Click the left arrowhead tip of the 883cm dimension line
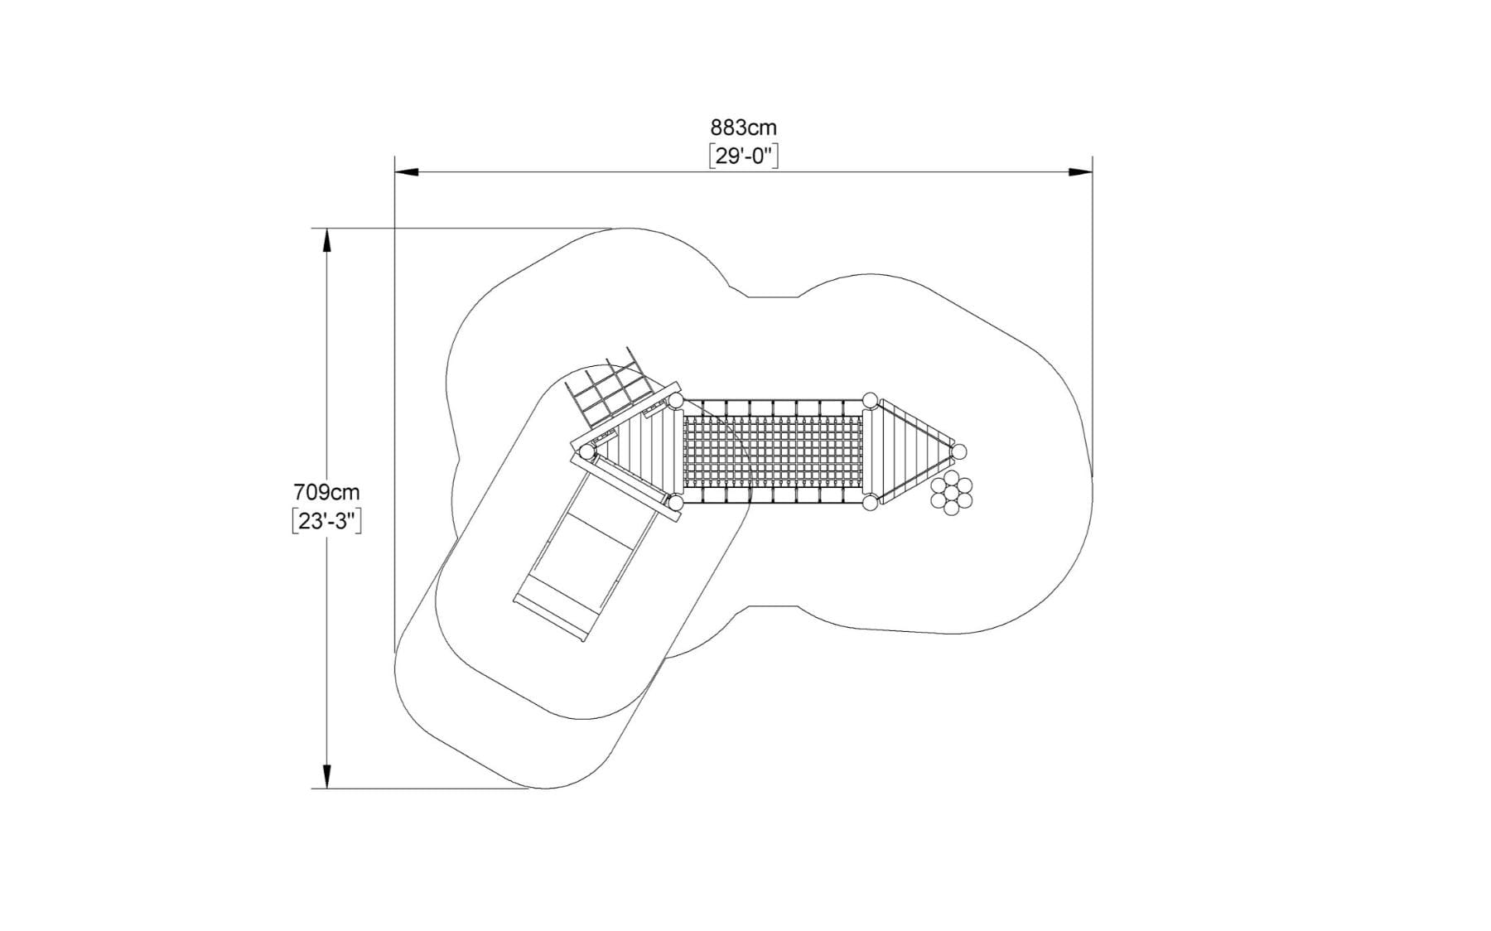point(395,172)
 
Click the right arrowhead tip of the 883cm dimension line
point(1092,172)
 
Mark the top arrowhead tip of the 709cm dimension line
point(327,229)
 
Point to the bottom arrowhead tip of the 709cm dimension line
point(327,789)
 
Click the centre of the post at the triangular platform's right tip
point(959,451)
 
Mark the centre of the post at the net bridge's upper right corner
point(870,401)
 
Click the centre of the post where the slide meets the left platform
point(586,452)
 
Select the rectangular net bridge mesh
point(773,451)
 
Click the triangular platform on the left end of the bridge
point(638,452)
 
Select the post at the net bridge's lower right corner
point(870,503)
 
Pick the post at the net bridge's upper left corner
point(676,401)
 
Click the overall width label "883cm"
point(744,128)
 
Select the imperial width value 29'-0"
point(744,156)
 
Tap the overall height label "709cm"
point(327,493)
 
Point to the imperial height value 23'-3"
point(327,522)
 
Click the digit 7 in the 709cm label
point(300,493)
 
